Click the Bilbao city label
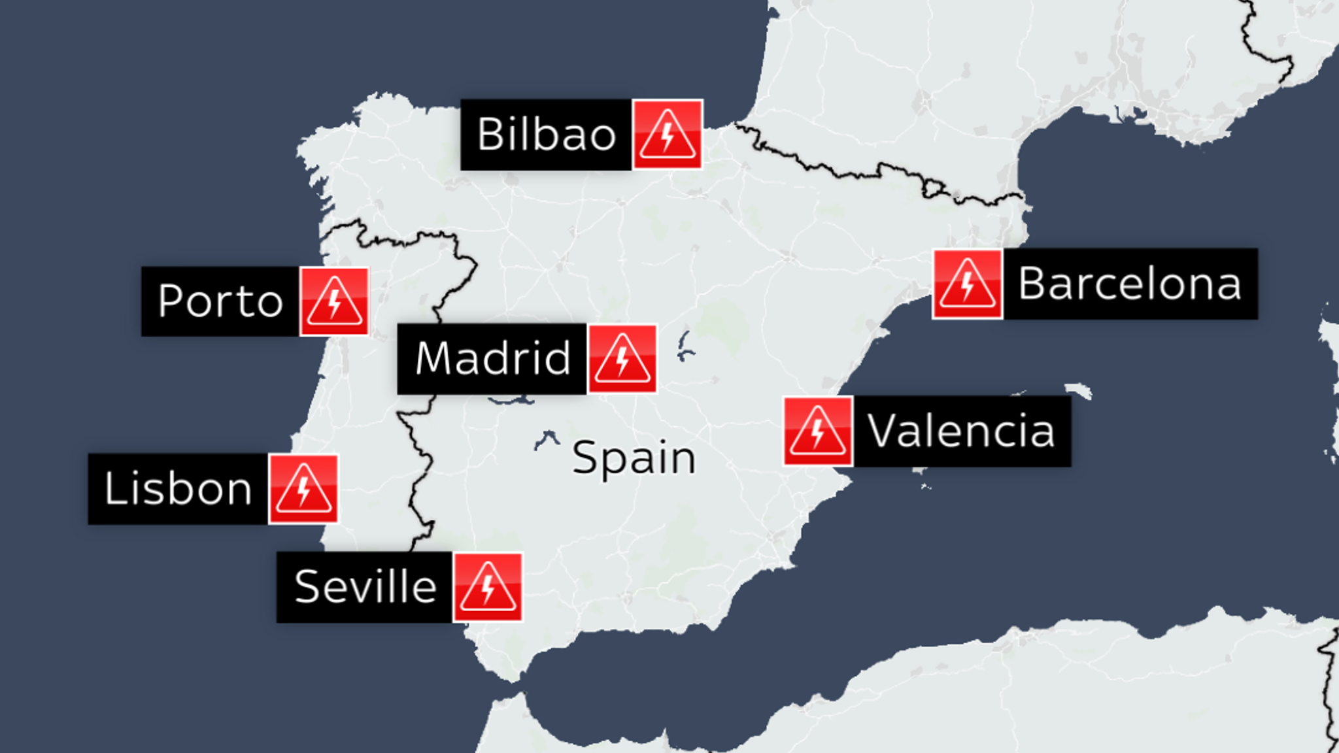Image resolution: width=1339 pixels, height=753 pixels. (546, 135)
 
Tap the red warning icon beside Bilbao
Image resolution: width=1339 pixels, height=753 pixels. (667, 135)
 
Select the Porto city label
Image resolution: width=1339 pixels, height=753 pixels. (220, 301)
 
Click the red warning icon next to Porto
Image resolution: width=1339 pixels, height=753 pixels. (334, 301)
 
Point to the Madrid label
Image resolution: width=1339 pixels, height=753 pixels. (492, 359)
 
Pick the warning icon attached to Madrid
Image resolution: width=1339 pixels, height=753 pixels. (622, 359)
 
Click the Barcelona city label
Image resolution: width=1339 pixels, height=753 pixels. (1130, 284)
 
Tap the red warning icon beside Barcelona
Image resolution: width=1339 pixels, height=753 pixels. (967, 284)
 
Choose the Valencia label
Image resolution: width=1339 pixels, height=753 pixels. (961, 431)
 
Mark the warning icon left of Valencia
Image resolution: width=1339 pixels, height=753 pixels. (818, 431)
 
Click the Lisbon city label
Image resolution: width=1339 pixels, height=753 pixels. (178, 489)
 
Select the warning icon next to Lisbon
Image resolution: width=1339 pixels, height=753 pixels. (303, 489)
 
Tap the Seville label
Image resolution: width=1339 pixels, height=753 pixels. (365, 587)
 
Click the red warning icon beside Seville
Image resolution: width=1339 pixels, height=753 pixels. (488, 587)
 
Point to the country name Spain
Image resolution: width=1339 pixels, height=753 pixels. (634, 458)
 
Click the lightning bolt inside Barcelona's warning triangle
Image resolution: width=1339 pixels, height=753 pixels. (967, 285)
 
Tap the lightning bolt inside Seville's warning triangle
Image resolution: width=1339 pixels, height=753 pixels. (488, 588)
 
